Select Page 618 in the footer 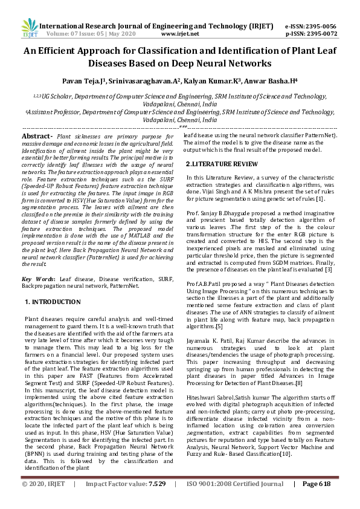coord(317,501)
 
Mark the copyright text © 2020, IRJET coord(43,501)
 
